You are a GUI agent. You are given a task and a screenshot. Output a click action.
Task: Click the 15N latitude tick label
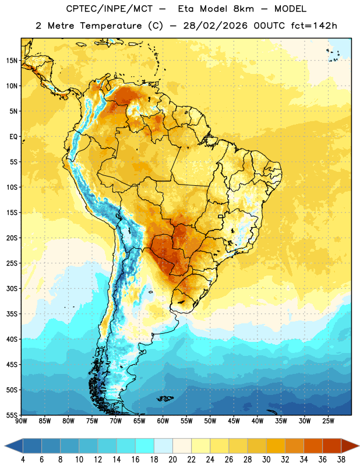[12, 61]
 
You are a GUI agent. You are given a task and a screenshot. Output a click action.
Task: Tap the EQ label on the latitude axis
[13, 137]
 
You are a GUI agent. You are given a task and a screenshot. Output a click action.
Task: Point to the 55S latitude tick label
[12, 415]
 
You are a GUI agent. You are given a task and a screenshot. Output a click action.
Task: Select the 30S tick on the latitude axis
[12, 288]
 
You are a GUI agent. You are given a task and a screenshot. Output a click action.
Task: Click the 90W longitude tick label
[21, 421]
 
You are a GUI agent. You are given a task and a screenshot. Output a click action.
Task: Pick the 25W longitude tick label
[328, 421]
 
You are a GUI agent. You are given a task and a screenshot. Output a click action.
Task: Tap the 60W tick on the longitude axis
[163, 421]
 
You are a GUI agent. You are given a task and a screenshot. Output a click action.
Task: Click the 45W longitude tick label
[234, 421]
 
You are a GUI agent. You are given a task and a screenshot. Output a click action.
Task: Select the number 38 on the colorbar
[341, 460]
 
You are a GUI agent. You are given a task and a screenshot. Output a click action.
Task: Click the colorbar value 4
[23, 460]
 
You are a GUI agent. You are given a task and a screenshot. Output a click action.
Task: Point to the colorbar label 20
[172, 460]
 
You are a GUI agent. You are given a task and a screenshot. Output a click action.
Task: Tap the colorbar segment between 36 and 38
[332, 446]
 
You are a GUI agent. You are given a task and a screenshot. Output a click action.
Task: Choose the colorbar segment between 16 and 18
[145, 446]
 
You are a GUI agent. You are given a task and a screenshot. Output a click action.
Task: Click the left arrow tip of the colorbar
[5, 446]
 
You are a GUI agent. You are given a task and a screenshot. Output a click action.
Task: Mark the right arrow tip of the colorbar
[359, 446]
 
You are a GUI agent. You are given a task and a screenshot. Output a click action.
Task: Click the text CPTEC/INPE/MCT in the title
[110, 9]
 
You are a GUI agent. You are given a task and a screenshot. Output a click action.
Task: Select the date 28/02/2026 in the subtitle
[215, 26]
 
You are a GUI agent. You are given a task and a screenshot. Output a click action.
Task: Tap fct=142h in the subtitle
[314, 26]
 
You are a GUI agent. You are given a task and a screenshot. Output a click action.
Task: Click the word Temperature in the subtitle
[111, 26]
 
